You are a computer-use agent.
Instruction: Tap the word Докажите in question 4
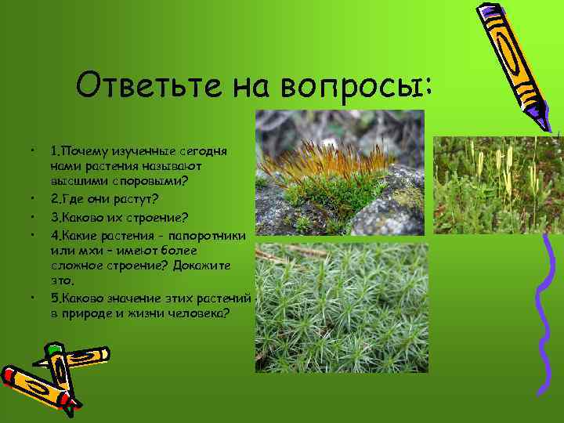tap(201, 266)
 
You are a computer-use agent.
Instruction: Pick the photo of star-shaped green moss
tap(342, 307)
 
